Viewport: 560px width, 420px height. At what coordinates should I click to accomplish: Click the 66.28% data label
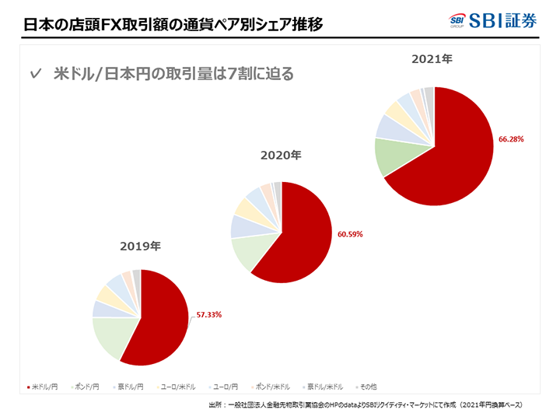point(511,139)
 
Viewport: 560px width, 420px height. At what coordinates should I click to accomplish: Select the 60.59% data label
point(350,233)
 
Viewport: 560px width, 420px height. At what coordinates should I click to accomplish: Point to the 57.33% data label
point(208,315)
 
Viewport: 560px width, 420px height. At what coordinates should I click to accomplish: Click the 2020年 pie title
point(280,156)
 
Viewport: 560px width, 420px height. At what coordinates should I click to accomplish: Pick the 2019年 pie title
point(140,247)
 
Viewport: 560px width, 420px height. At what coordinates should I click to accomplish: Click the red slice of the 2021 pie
point(459,152)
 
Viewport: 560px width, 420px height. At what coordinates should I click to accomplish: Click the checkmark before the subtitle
point(34,75)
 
